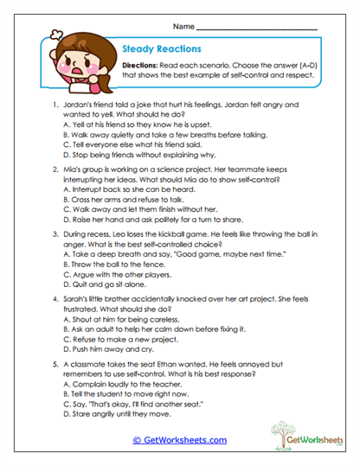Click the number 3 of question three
point(55,233)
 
